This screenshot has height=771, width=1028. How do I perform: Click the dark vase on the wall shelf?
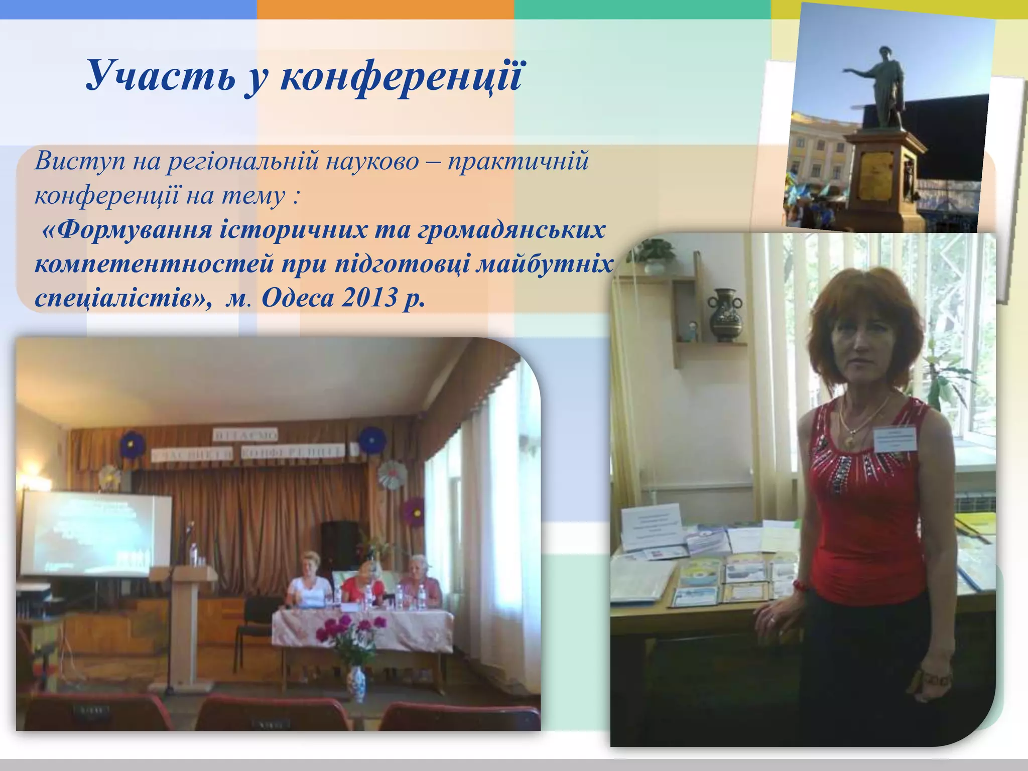[x=725, y=315]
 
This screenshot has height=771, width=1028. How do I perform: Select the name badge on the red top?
[x=895, y=438]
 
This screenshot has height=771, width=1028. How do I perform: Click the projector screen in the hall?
[x=95, y=533]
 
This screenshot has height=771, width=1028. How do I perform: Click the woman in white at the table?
[x=309, y=582]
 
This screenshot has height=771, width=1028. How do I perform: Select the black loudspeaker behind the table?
[x=340, y=545]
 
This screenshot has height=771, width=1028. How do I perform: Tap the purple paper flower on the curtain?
[x=415, y=511]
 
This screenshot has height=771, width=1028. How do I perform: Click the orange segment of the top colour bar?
[x=385, y=9]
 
